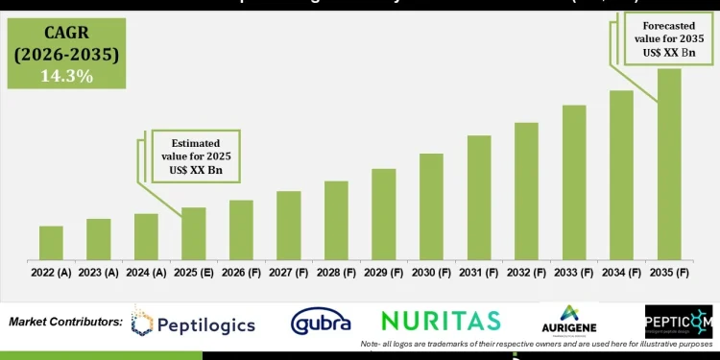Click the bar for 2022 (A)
tap(52, 243)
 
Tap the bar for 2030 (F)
tap(431, 206)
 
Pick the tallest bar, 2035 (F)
tap(669, 163)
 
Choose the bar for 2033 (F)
tap(574, 182)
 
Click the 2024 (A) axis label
tap(146, 273)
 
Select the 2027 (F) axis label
tap(289, 273)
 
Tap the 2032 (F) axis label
tap(526, 273)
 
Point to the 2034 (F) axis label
tap(621, 273)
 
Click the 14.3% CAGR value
tap(66, 75)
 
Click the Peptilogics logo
tap(194, 324)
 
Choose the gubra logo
tap(321, 322)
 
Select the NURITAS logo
tap(441, 320)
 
